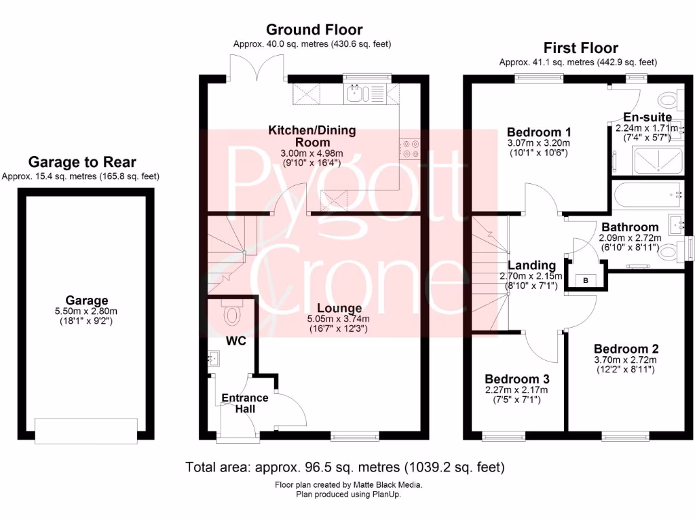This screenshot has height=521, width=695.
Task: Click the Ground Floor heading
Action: pyautogui.click(x=314, y=30)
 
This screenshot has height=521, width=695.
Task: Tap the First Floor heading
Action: pyautogui.click(x=580, y=48)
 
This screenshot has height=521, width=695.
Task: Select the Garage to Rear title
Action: pyautogui.click(x=81, y=162)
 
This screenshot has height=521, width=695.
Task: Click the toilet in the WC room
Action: pyautogui.click(x=231, y=315)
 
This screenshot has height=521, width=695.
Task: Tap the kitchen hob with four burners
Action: pyautogui.click(x=410, y=149)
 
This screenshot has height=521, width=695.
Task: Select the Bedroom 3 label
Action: pyautogui.click(x=516, y=379)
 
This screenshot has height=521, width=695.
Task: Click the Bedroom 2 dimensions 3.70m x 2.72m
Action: pyautogui.click(x=626, y=360)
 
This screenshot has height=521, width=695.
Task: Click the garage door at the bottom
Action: pyautogui.click(x=86, y=431)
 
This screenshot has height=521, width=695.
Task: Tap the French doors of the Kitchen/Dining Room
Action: pyautogui.click(x=257, y=65)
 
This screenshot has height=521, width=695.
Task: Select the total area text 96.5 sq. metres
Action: pyautogui.click(x=345, y=467)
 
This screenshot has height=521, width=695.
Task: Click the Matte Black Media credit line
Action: pyautogui.click(x=348, y=485)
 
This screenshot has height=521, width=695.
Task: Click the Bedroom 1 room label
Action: pyautogui.click(x=538, y=132)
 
